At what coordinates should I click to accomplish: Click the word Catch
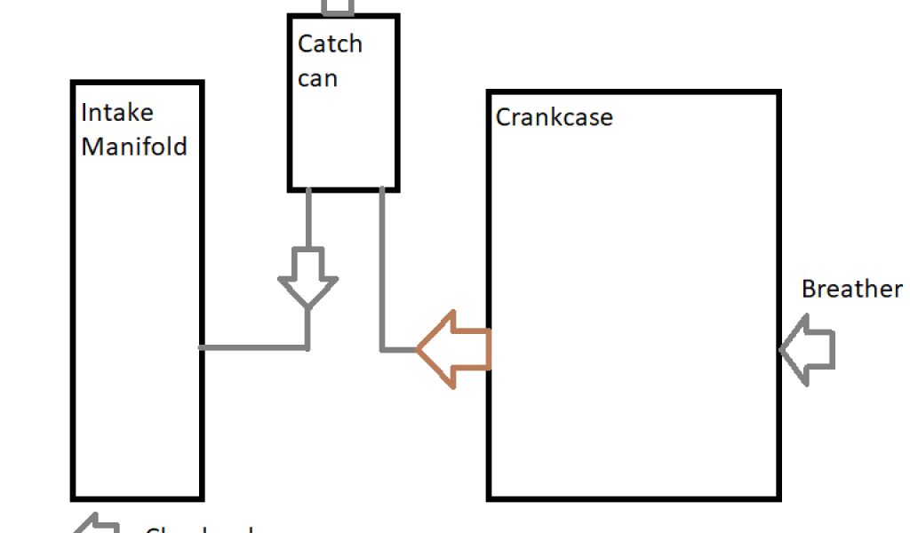330,44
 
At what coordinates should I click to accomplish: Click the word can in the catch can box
317,78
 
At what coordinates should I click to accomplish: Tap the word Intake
116,113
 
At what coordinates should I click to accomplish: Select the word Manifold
134,146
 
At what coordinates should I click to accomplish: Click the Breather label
851,289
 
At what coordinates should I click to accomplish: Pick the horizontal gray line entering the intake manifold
253,347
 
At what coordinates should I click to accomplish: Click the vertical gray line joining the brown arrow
382,266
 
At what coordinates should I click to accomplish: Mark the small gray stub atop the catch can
337,8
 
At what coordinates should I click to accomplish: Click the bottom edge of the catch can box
343,189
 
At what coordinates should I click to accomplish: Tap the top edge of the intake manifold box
137,84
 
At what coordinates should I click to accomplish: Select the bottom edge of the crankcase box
634,498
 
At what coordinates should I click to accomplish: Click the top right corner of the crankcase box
778,92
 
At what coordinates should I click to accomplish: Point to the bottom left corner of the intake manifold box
74,497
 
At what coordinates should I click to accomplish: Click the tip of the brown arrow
419,349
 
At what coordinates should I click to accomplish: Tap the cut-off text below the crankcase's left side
199,529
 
